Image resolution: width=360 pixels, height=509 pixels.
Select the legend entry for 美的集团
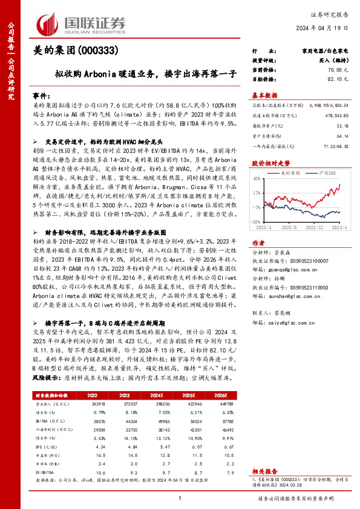293,173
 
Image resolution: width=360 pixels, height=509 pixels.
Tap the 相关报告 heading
264,470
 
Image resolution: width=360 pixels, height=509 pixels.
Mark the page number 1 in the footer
180,498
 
